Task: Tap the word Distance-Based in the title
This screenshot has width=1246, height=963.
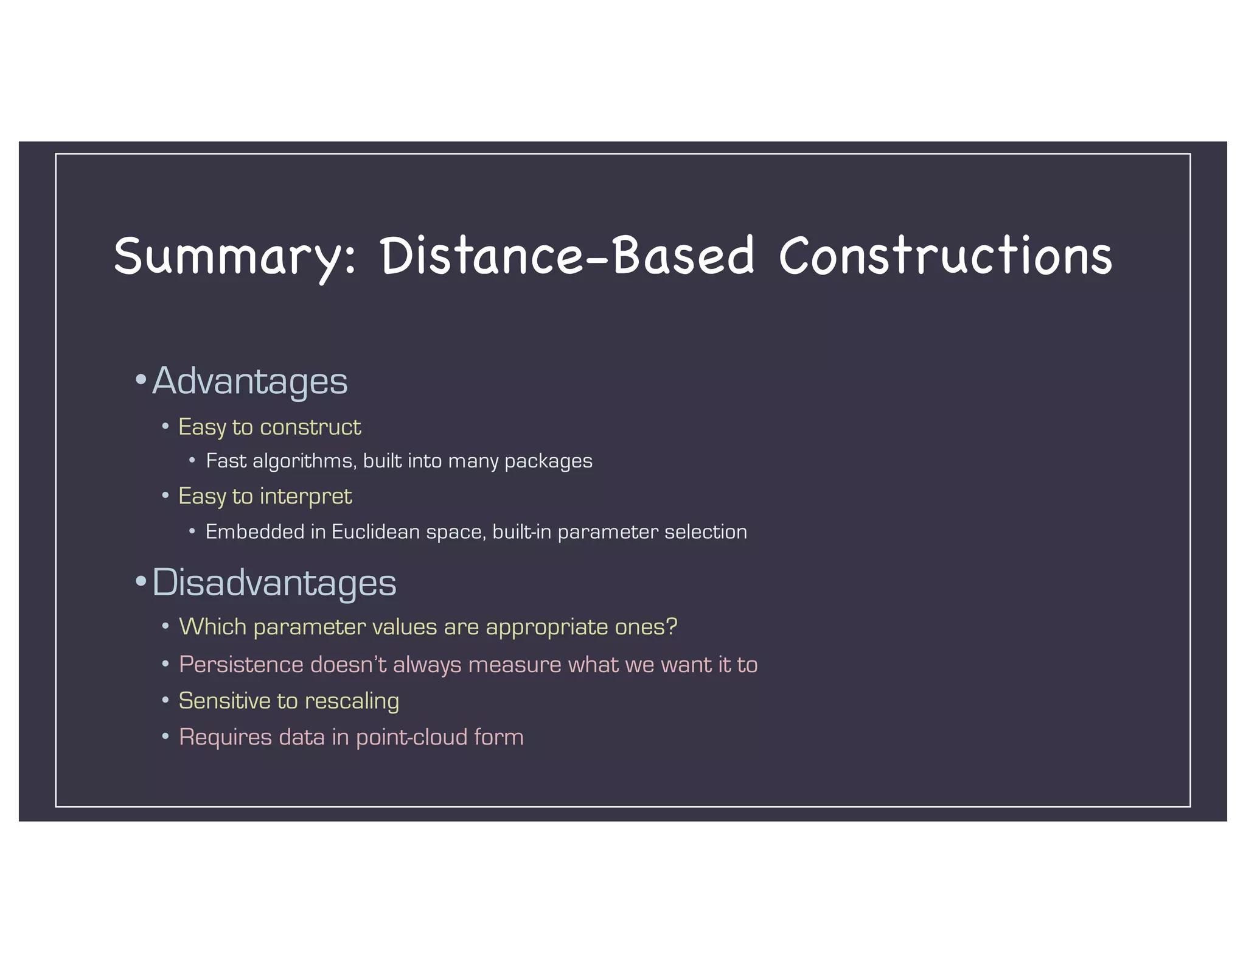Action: [567, 256]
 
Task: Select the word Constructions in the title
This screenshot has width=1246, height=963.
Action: [945, 256]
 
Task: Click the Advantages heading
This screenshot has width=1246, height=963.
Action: [249, 381]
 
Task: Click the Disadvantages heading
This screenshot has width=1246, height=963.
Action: [274, 582]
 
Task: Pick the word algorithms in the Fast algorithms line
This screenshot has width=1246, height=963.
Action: [303, 461]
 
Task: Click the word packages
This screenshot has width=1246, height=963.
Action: [548, 461]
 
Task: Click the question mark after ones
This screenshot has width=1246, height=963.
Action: [672, 626]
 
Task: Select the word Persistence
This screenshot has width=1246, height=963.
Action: [241, 664]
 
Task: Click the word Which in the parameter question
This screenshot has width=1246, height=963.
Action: [212, 626]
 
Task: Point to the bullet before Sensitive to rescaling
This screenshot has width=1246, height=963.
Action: [165, 700]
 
